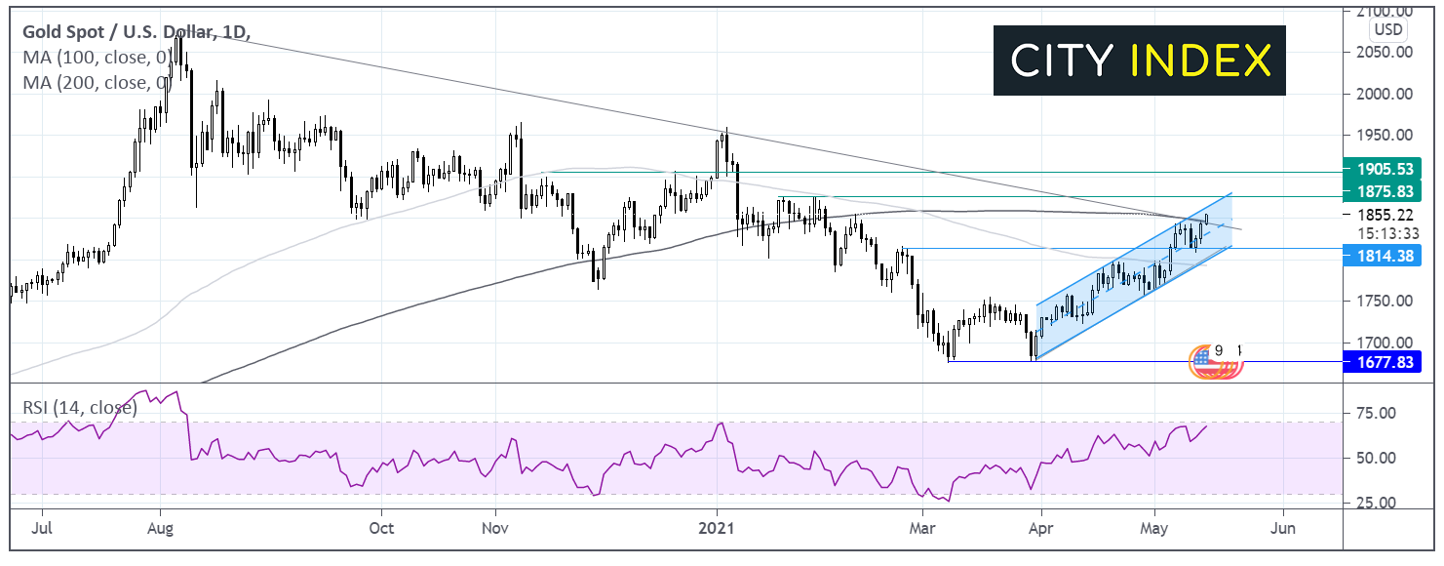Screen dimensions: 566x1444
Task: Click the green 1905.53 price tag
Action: (1381, 167)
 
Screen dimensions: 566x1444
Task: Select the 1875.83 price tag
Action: (1381, 193)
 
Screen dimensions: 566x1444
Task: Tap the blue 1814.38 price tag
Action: (1381, 256)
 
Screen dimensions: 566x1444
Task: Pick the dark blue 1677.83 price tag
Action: (1381, 362)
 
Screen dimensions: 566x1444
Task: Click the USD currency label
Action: (1388, 29)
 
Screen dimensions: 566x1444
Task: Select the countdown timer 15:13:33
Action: (1386, 233)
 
